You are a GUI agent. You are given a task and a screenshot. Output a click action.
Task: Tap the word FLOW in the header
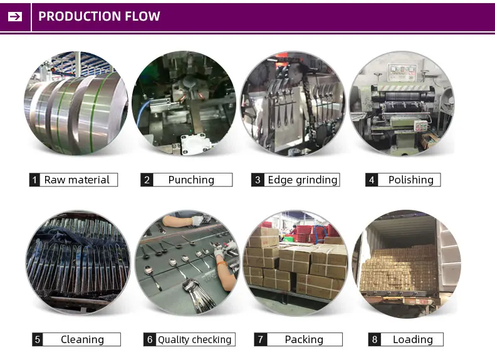pyautogui.click(x=142, y=16)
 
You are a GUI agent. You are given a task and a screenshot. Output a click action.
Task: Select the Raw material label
pyautogui.click(x=76, y=180)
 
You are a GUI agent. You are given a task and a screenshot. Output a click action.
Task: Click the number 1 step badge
pyautogui.click(x=34, y=180)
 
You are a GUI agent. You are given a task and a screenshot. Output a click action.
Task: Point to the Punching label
pyautogui.click(x=191, y=180)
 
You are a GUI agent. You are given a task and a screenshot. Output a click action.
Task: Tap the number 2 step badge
pyautogui.click(x=147, y=180)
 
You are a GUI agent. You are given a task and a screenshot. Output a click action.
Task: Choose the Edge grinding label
pyautogui.click(x=302, y=180)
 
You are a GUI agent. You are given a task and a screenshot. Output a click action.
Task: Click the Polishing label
pyautogui.click(x=410, y=180)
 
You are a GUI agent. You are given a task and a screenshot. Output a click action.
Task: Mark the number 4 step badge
pyautogui.click(x=372, y=180)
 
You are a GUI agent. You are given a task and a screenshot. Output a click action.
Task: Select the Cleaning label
pyautogui.click(x=82, y=339)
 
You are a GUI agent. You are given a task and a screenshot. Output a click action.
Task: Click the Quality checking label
pyautogui.click(x=194, y=339)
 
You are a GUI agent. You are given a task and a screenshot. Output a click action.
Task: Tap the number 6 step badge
pyautogui.click(x=150, y=339)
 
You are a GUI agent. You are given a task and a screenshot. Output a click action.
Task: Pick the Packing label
pyautogui.click(x=304, y=339)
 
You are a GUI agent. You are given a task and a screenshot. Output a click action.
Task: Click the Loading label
pyautogui.click(x=412, y=339)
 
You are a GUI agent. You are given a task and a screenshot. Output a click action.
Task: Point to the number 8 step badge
pyautogui.click(x=375, y=339)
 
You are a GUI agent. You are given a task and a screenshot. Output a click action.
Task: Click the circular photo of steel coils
pyautogui.click(x=76, y=103)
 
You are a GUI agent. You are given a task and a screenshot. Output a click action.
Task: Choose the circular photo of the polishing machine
pyautogui.click(x=401, y=103)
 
